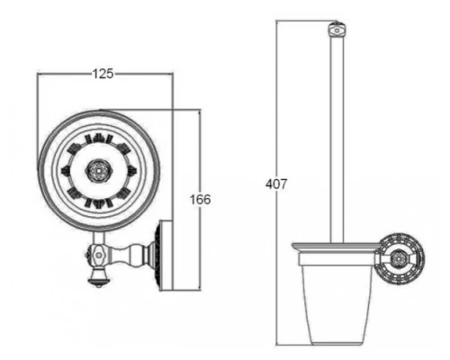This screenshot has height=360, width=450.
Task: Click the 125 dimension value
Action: [x=103, y=74]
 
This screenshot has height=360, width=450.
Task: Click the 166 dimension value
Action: [x=200, y=200]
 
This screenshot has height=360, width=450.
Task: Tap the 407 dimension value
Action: [x=276, y=184]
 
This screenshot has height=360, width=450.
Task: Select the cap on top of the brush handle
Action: [x=337, y=30]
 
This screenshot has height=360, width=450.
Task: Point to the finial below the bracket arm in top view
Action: [x=99, y=277]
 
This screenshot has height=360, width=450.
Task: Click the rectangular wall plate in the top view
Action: [x=166, y=256]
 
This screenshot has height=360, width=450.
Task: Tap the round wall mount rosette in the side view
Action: [x=400, y=259]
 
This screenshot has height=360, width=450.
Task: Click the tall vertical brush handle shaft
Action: [x=337, y=139]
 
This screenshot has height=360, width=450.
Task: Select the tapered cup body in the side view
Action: [x=337, y=304]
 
